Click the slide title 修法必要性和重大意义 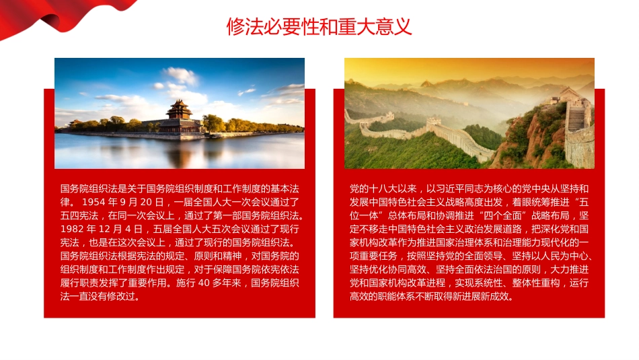point(319,27)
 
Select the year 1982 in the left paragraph point(71,229)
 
